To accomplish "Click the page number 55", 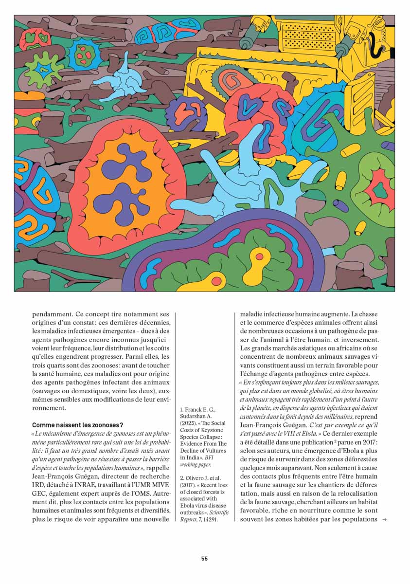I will click(x=204, y=559).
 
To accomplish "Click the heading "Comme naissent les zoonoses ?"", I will click(x=77, y=425).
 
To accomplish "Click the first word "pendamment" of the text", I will click(x=53, y=314).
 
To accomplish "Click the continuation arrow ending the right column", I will click(x=384, y=520).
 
